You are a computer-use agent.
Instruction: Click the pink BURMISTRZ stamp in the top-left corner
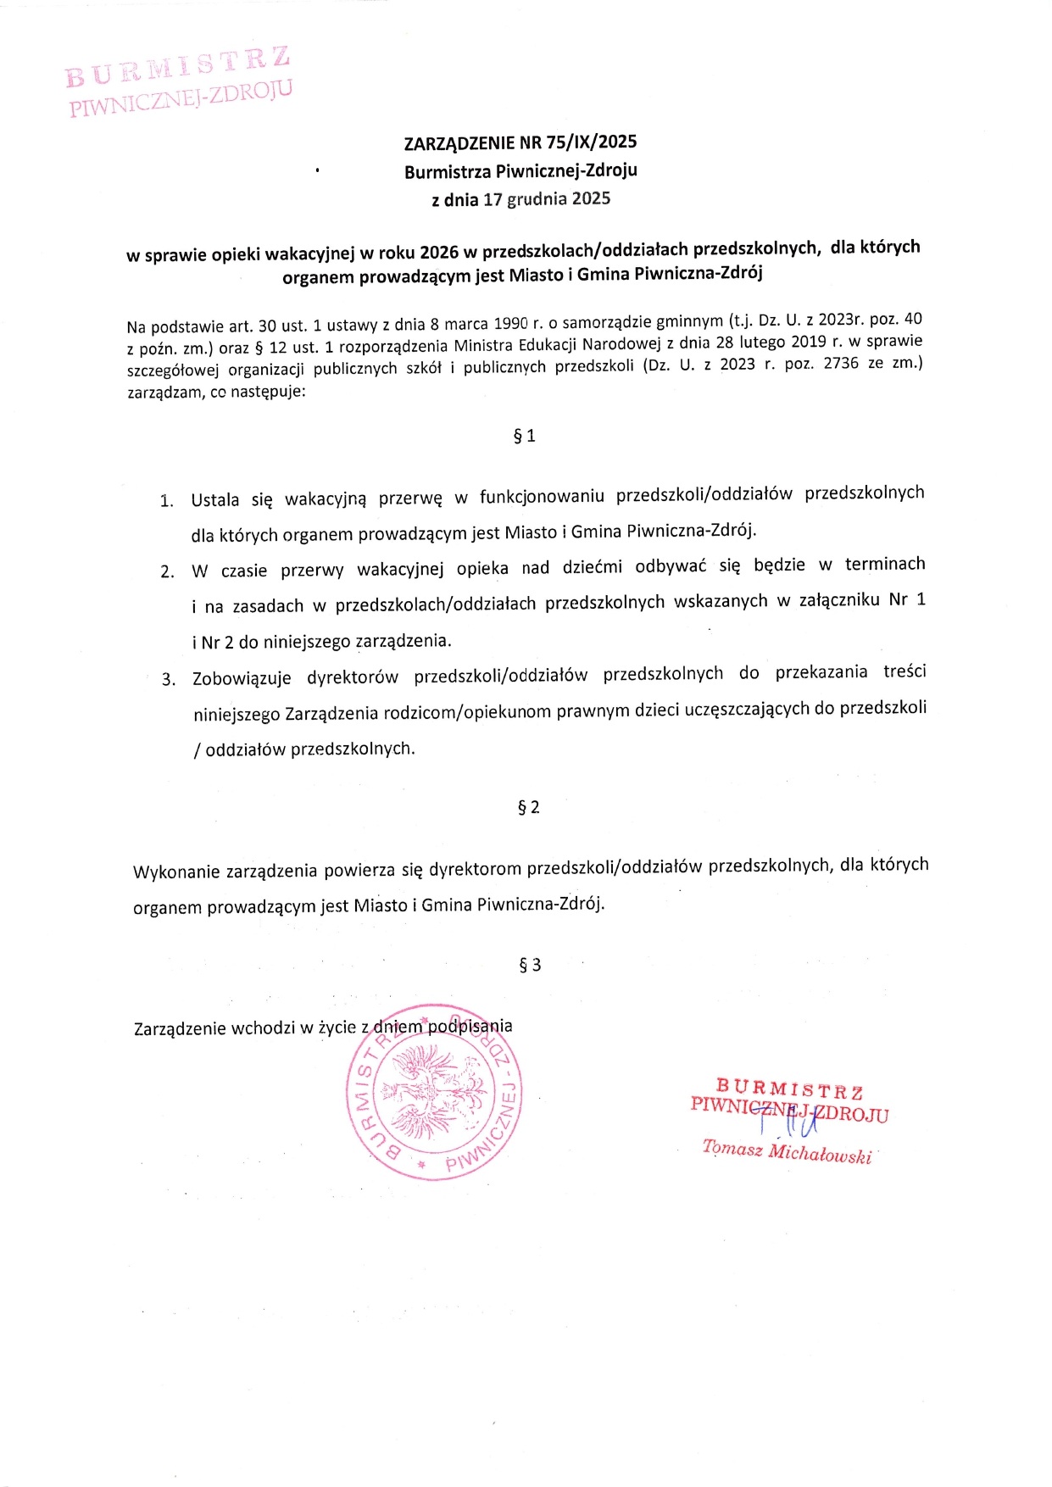(x=179, y=81)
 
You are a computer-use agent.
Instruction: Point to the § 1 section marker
(x=525, y=436)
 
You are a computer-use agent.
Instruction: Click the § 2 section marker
(x=528, y=807)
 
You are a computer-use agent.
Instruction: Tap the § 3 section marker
(x=530, y=965)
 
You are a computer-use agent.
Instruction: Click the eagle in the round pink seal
(x=432, y=1094)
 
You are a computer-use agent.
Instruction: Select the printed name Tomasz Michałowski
(x=786, y=1152)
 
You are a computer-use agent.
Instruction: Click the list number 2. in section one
(x=167, y=571)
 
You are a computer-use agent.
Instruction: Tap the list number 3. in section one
(x=169, y=680)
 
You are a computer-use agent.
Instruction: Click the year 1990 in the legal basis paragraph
(x=511, y=323)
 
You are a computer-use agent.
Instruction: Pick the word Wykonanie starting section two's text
(x=175, y=872)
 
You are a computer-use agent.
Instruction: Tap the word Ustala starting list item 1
(x=215, y=499)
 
